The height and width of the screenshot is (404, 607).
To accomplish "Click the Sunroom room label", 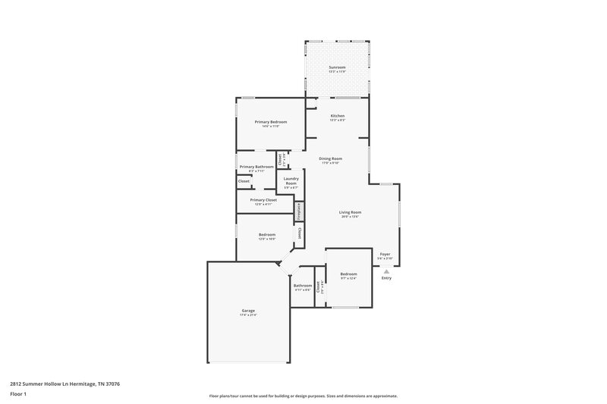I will (337, 67).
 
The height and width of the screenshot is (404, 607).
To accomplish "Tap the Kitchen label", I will (337, 116).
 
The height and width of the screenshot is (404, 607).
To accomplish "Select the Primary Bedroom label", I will (270, 122).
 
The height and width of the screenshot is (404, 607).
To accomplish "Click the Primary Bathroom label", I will (256, 167).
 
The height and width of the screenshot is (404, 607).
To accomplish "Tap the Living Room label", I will (350, 212).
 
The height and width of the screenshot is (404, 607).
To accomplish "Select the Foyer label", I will (385, 254).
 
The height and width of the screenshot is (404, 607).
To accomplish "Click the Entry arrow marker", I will (386, 271).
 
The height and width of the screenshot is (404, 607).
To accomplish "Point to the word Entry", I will (386, 278).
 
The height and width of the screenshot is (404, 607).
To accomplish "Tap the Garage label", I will (248, 310).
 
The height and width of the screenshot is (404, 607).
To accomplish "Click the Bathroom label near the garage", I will (303, 285).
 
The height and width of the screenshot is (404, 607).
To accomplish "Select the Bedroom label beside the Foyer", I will (348, 273).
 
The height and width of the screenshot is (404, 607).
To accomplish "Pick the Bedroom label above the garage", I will (266, 235).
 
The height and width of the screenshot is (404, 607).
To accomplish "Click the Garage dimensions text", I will (248, 315).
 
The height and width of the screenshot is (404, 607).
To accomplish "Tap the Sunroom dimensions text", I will (337, 72).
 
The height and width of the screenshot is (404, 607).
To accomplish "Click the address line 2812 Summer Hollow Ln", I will (64, 384).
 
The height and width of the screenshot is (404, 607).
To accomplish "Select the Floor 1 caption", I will (18, 394).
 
